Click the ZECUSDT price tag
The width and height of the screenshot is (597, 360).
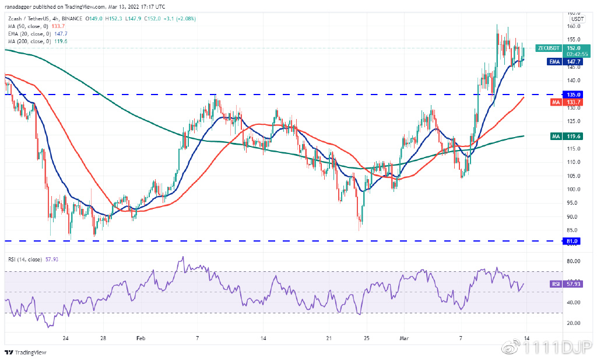(x=549, y=48)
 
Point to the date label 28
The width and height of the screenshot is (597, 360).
(x=103, y=338)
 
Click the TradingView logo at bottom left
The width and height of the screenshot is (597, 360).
(x=26, y=352)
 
